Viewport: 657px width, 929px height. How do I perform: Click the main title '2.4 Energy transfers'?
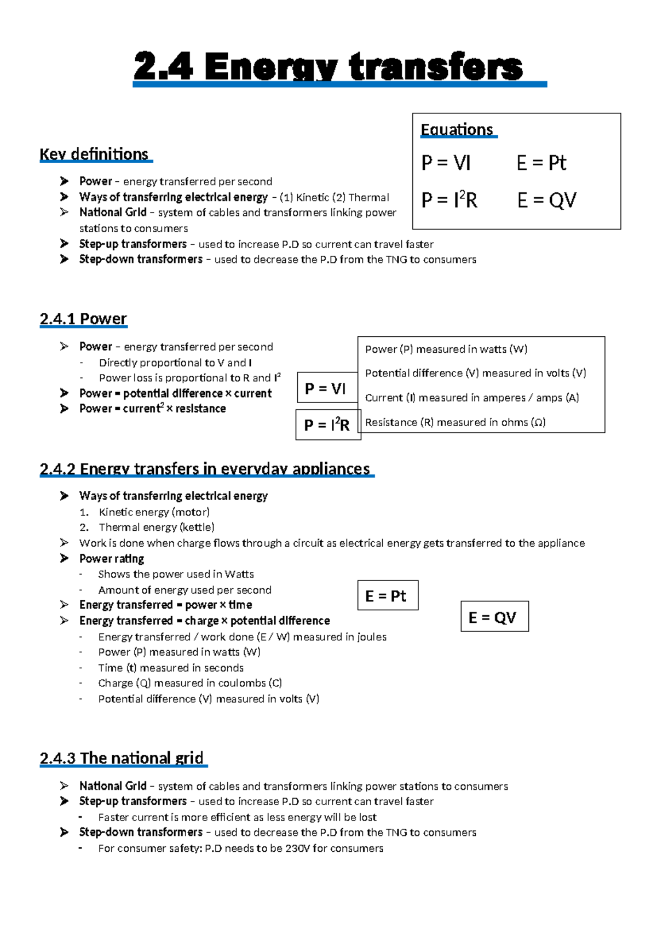[x=328, y=67]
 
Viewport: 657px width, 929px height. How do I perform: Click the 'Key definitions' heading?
[x=94, y=154]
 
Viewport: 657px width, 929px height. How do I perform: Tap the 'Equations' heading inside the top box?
[x=457, y=130]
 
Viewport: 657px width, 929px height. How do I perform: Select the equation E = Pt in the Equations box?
[x=541, y=163]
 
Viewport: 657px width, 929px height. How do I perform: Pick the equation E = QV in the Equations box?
[x=546, y=200]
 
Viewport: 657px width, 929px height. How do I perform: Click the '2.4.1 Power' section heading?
[x=83, y=319]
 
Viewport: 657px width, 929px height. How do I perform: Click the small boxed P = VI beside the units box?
[x=325, y=388]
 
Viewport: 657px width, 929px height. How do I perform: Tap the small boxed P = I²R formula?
[x=327, y=425]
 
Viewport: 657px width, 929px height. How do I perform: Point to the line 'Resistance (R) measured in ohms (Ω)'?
[x=455, y=422]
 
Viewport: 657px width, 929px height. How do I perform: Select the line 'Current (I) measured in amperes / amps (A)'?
[x=471, y=398]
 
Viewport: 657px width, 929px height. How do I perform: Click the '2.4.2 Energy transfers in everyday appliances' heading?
[x=205, y=469]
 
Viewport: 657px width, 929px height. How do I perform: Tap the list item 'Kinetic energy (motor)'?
[x=154, y=512]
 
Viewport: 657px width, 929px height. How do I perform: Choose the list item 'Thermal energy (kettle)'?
[x=156, y=527]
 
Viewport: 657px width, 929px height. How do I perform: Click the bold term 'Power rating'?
[x=112, y=559]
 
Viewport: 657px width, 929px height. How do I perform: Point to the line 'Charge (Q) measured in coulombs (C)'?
[x=190, y=683]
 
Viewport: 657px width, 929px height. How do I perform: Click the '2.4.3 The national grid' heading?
[x=122, y=758]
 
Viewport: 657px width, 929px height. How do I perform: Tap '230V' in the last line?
[x=298, y=848]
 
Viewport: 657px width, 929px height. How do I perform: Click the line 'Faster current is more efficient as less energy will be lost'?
[x=237, y=817]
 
